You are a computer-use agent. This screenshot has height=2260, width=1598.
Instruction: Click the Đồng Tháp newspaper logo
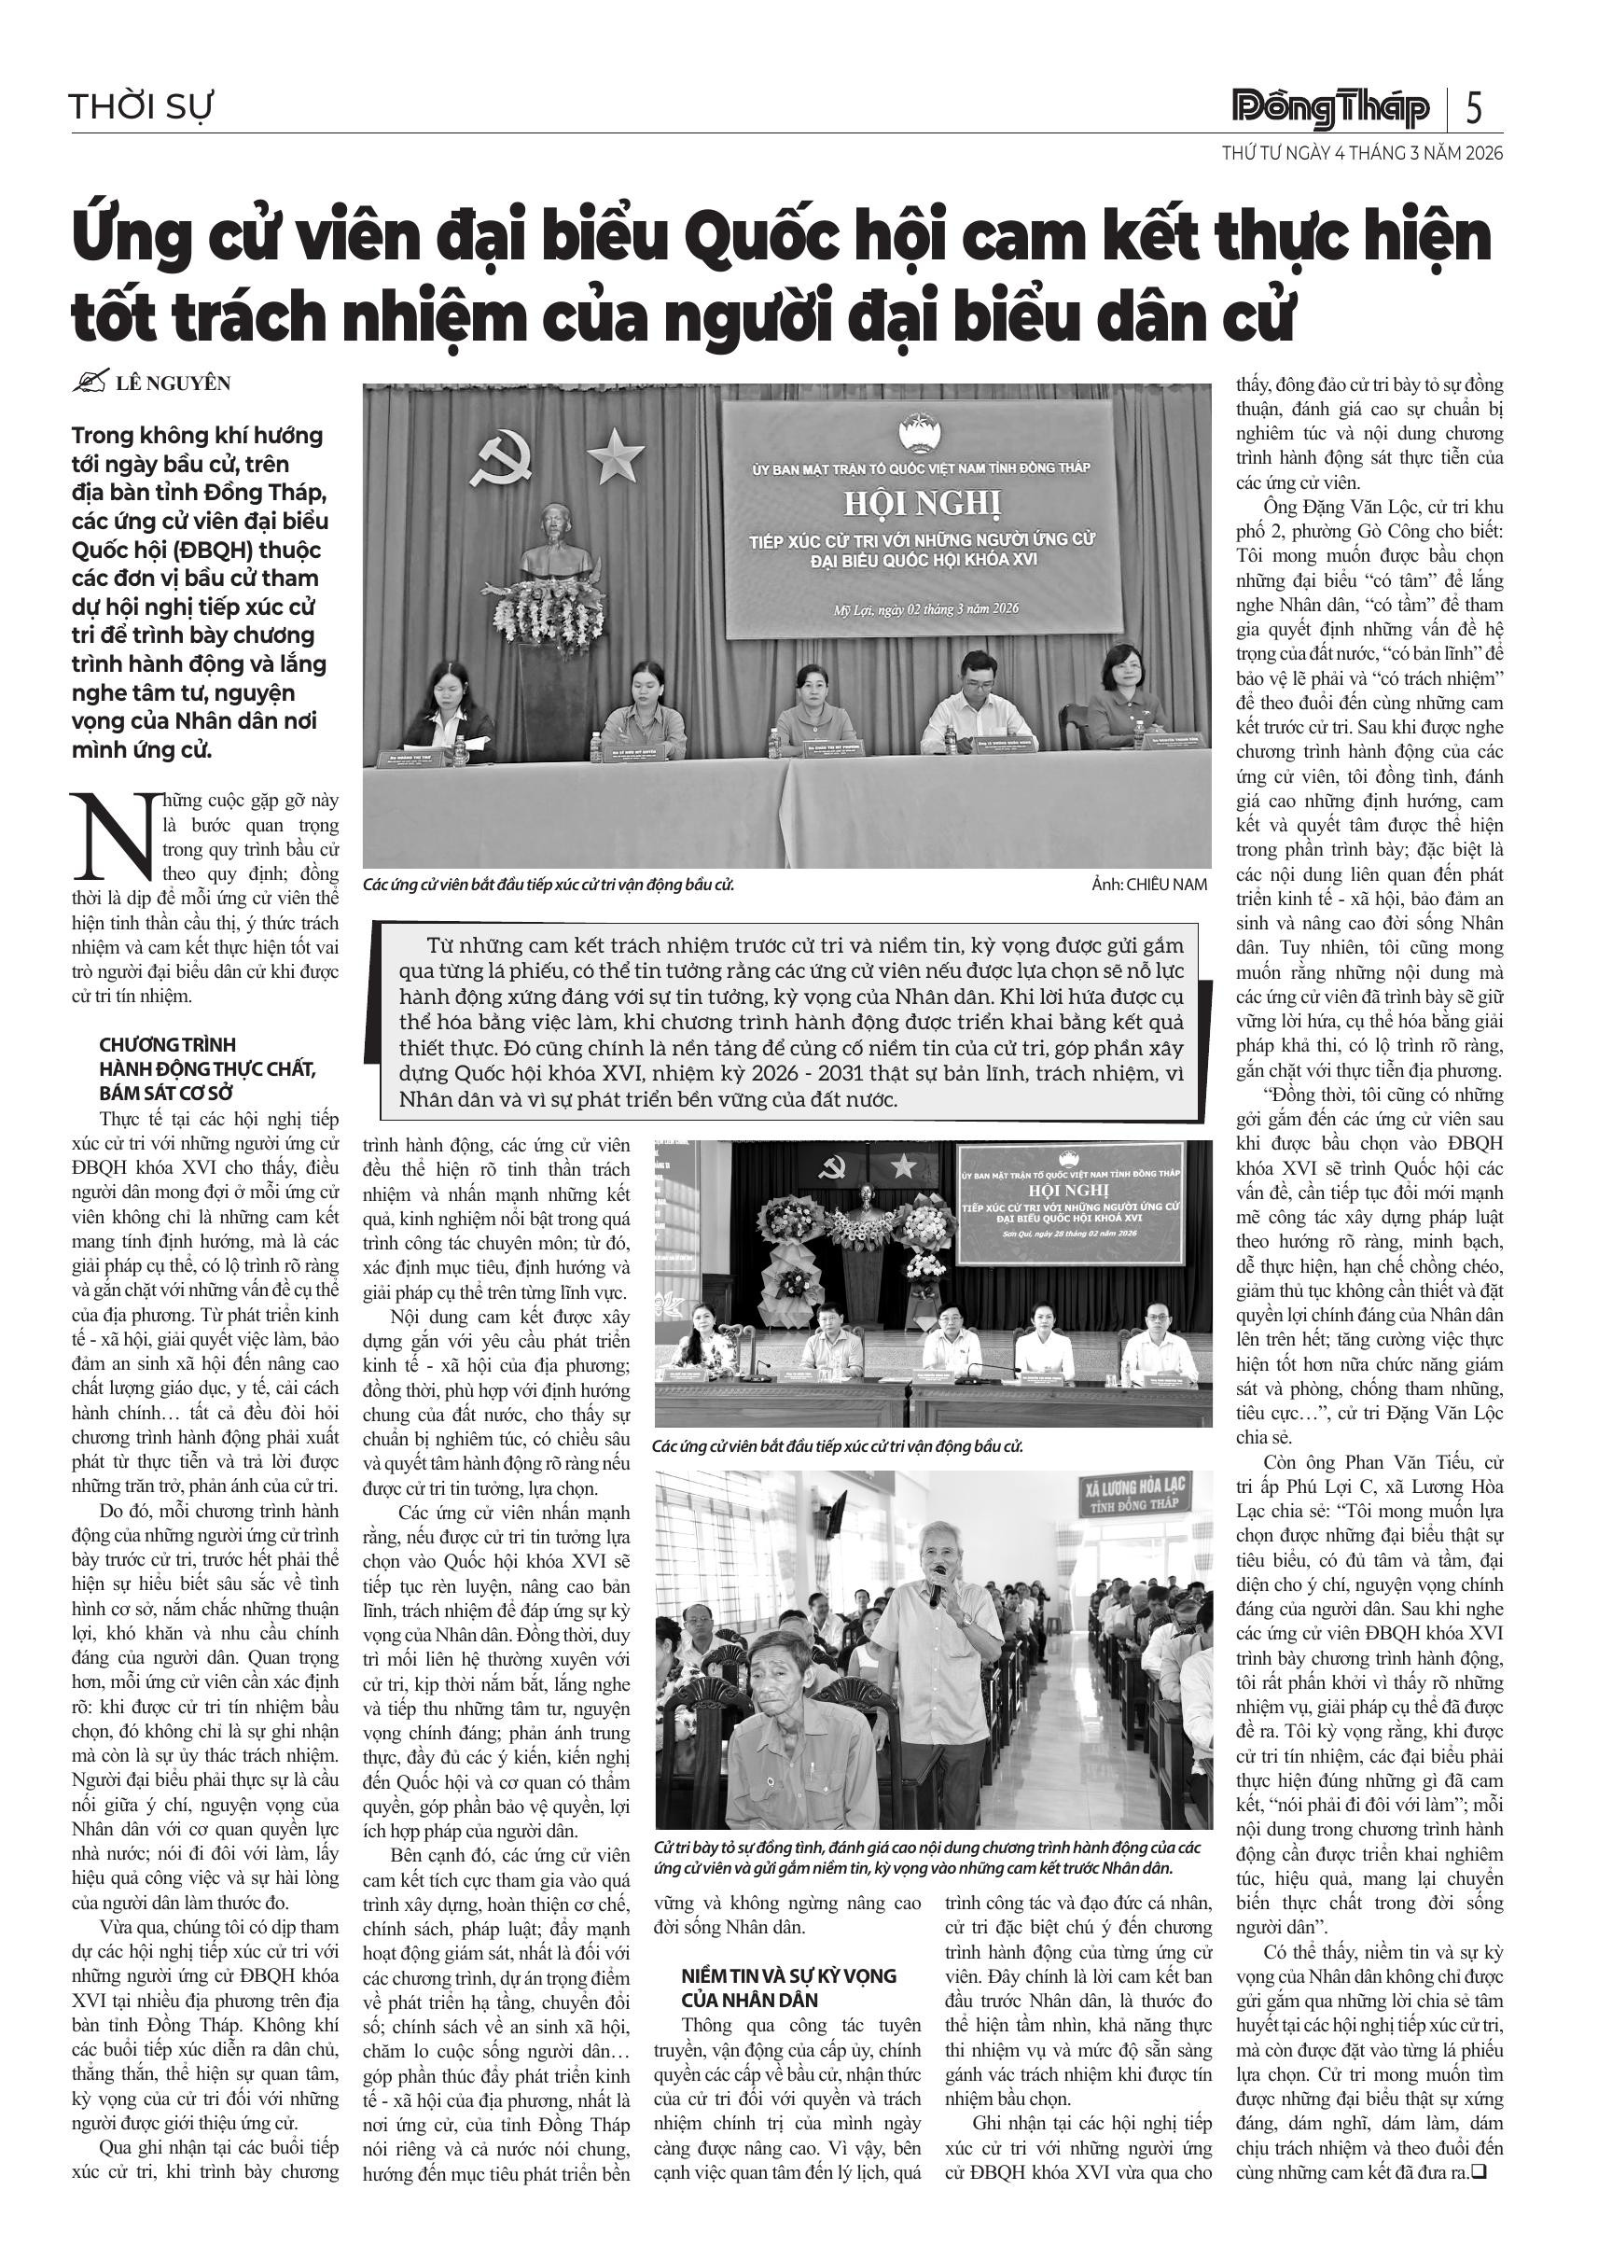pyautogui.click(x=1330, y=107)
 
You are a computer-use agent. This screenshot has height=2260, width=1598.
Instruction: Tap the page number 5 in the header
pyautogui.click(x=1474, y=107)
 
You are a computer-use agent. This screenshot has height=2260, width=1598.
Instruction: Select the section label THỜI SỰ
pyautogui.click(x=141, y=106)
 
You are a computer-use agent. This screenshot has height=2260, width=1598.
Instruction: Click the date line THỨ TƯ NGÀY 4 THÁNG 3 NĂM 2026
pyautogui.click(x=1362, y=154)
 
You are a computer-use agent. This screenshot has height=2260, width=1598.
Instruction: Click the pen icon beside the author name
pyautogui.click(x=90, y=382)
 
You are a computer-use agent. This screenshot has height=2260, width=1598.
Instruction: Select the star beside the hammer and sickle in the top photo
pyautogui.click(x=616, y=454)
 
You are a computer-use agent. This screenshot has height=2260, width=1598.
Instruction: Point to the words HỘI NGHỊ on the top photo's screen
pyautogui.click(x=921, y=503)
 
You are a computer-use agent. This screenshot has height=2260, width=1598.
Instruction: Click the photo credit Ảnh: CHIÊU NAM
pyautogui.click(x=1148, y=884)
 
